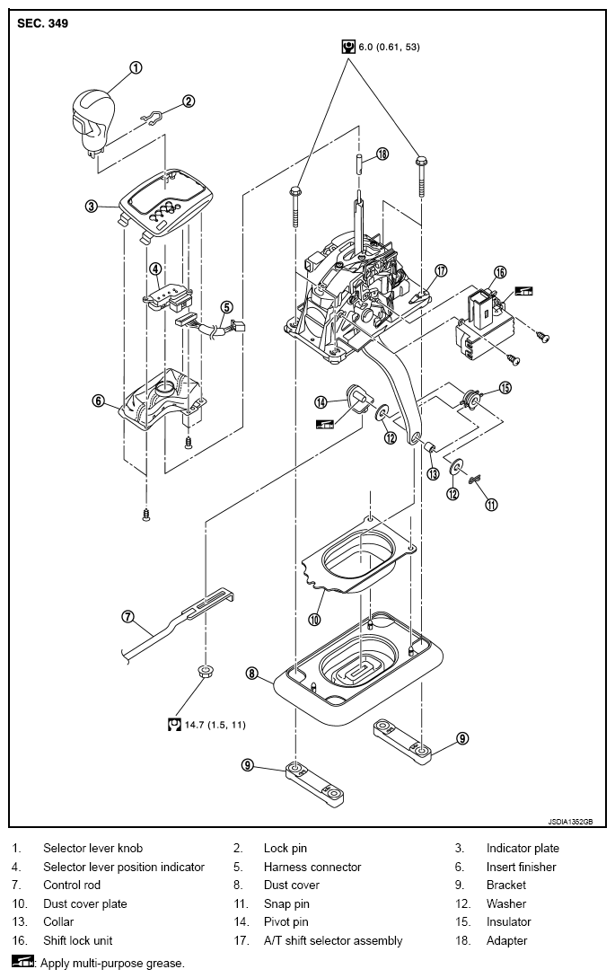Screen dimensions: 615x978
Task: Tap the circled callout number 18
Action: click(x=382, y=153)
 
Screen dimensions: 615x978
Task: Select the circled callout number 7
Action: click(x=127, y=617)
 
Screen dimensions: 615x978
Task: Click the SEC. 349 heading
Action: click(x=43, y=23)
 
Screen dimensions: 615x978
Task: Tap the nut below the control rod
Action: click(x=203, y=672)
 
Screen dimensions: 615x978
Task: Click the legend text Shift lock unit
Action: click(x=78, y=940)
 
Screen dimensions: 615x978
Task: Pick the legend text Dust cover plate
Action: click(x=84, y=903)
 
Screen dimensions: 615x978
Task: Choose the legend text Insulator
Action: click(x=508, y=921)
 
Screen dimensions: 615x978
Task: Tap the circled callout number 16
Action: click(x=499, y=272)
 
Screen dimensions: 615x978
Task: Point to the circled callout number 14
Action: click(x=321, y=401)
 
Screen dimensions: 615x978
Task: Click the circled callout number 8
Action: click(x=251, y=673)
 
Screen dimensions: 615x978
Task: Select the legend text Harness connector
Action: click(x=312, y=867)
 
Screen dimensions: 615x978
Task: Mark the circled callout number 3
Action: click(x=91, y=205)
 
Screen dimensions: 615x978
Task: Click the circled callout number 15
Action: click(x=505, y=388)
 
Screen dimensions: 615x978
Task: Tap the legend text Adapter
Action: click(x=506, y=940)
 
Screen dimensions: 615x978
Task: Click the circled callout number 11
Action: click(x=491, y=505)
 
